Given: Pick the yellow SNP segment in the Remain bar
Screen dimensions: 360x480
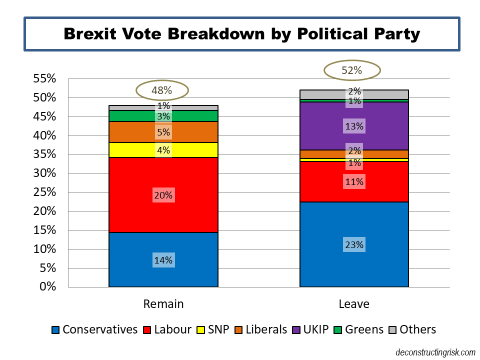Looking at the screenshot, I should coord(135,149).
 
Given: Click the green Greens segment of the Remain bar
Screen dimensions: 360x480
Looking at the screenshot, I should coord(135,116).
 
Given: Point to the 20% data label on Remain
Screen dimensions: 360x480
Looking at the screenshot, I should coord(163,195).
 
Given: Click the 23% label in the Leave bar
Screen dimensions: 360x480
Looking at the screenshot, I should coord(354,245).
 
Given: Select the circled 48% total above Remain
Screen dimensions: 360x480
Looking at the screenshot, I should coord(162,90).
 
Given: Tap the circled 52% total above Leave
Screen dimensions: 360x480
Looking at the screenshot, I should coord(351,70).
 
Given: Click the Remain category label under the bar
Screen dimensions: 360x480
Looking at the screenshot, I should coord(163,304).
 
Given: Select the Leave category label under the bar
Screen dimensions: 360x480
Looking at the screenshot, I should coord(354,304).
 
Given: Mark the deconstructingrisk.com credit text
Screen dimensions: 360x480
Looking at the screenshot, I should coord(435,352).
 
